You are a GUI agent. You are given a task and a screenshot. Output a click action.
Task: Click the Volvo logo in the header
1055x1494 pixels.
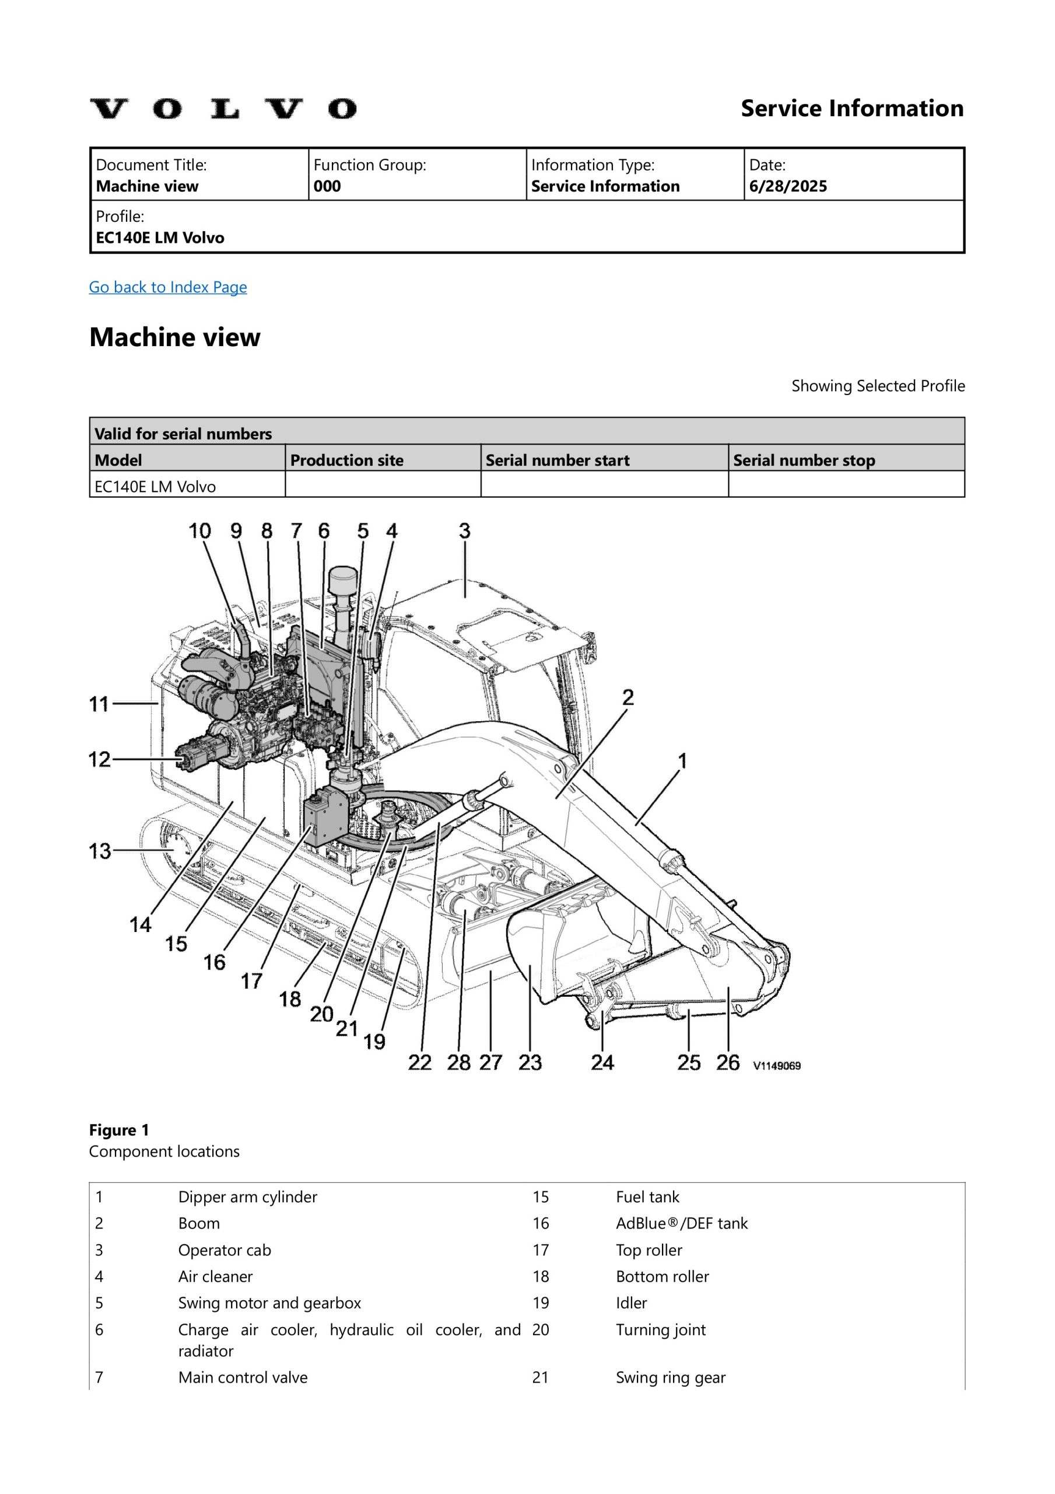pyautogui.click(x=223, y=109)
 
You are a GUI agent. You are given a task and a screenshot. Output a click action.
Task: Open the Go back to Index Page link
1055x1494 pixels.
pyautogui.click(x=168, y=287)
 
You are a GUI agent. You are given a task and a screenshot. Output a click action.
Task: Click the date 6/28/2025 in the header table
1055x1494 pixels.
pyautogui.click(x=788, y=186)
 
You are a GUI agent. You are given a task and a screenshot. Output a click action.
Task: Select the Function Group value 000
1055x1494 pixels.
pyautogui.click(x=327, y=186)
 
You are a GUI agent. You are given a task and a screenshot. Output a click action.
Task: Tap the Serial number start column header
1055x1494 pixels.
pyautogui.click(x=558, y=460)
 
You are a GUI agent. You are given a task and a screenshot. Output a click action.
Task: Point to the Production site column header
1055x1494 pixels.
pyautogui.click(x=346, y=460)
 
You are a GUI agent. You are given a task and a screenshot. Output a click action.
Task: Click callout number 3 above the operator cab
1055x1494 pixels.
pyautogui.click(x=464, y=531)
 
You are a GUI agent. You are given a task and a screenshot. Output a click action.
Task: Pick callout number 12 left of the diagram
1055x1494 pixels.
pyautogui.click(x=100, y=759)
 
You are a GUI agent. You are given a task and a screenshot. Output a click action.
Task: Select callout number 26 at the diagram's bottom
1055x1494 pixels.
pyautogui.click(x=728, y=1063)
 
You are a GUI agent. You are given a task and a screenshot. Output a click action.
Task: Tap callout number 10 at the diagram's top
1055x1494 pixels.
pyautogui.click(x=199, y=531)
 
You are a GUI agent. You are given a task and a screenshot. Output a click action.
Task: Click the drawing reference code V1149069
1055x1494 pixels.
pyautogui.click(x=777, y=1066)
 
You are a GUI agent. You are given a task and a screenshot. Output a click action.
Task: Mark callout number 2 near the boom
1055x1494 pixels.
pyautogui.click(x=628, y=697)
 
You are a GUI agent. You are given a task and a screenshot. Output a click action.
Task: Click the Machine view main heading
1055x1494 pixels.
pyautogui.click(x=174, y=337)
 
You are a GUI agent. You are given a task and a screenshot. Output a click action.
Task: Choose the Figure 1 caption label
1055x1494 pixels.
pyautogui.click(x=119, y=1130)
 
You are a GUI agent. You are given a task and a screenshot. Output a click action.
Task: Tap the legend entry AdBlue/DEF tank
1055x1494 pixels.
pyautogui.click(x=682, y=1223)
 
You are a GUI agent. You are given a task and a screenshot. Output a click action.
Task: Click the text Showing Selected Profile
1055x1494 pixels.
pyautogui.click(x=878, y=386)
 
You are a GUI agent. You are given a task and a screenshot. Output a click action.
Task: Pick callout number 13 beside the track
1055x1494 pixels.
pyautogui.click(x=100, y=850)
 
